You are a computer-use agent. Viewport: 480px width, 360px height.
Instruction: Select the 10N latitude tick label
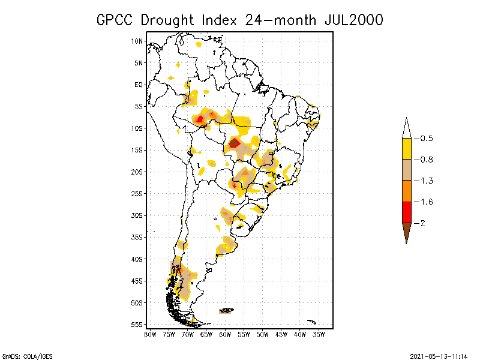click(137, 41)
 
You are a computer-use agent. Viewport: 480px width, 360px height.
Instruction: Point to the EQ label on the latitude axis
click(139, 85)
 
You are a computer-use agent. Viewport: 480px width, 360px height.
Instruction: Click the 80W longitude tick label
click(150, 335)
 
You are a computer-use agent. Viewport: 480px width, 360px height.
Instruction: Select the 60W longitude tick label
click(225, 335)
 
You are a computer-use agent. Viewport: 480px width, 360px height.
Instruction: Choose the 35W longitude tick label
click(319, 335)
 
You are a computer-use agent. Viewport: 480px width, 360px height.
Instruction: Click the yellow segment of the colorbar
click(406, 149)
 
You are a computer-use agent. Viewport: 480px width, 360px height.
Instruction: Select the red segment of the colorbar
click(406, 212)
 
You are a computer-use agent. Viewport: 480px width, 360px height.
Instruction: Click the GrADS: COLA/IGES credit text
click(22, 355)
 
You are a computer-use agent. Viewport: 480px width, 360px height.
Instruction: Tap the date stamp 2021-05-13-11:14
click(439, 355)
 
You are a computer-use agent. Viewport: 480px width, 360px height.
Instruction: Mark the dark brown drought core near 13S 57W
click(235, 143)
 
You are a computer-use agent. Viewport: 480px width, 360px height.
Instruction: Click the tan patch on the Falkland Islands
click(227, 311)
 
